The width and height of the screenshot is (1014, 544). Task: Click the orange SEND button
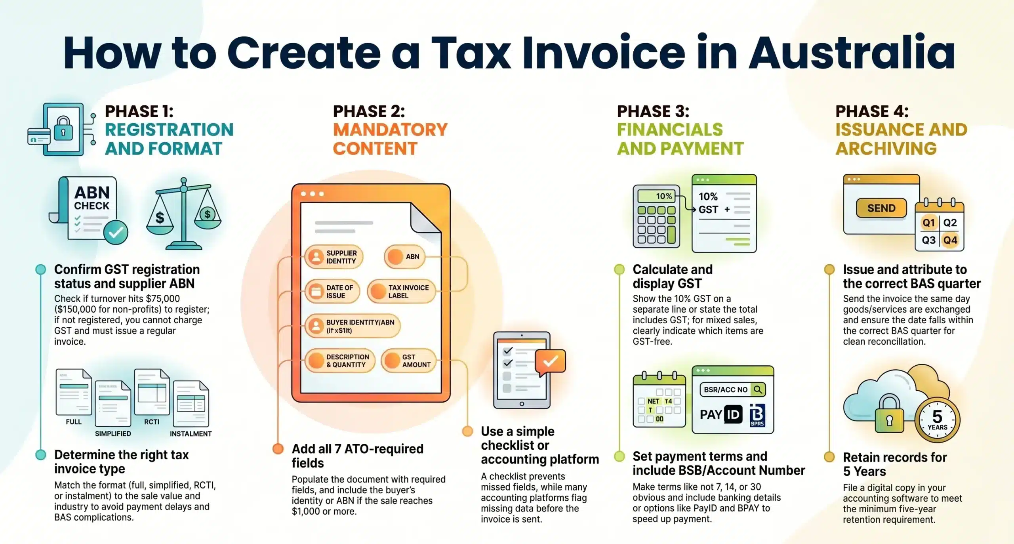(x=881, y=208)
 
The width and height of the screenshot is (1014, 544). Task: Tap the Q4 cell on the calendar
(x=950, y=240)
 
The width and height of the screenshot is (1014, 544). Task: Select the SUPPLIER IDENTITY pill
(x=334, y=257)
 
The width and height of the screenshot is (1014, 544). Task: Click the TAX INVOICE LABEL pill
(x=402, y=292)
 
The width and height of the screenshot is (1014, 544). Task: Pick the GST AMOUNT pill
(x=409, y=361)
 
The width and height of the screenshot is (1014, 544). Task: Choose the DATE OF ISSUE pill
(x=332, y=292)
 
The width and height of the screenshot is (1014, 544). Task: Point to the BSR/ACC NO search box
(x=732, y=389)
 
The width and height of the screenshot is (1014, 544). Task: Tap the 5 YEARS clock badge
(x=937, y=420)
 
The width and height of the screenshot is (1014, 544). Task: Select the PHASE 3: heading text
(x=653, y=111)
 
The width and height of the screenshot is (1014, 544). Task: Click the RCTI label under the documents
(x=152, y=422)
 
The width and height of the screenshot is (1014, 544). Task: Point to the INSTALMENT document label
(x=191, y=434)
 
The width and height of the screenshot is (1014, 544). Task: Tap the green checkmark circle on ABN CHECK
(x=116, y=233)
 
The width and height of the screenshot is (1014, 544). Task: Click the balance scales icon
(x=183, y=214)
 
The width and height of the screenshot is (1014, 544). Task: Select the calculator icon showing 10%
(x=656, y=216)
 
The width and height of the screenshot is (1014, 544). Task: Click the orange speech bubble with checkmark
(x=550, y=362)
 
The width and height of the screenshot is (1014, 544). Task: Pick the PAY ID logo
(x=720, y=414)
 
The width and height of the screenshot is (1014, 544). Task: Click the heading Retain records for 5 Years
(x=894, y=464)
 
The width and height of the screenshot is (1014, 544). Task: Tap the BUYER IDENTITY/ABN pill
(x=353, y=326)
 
